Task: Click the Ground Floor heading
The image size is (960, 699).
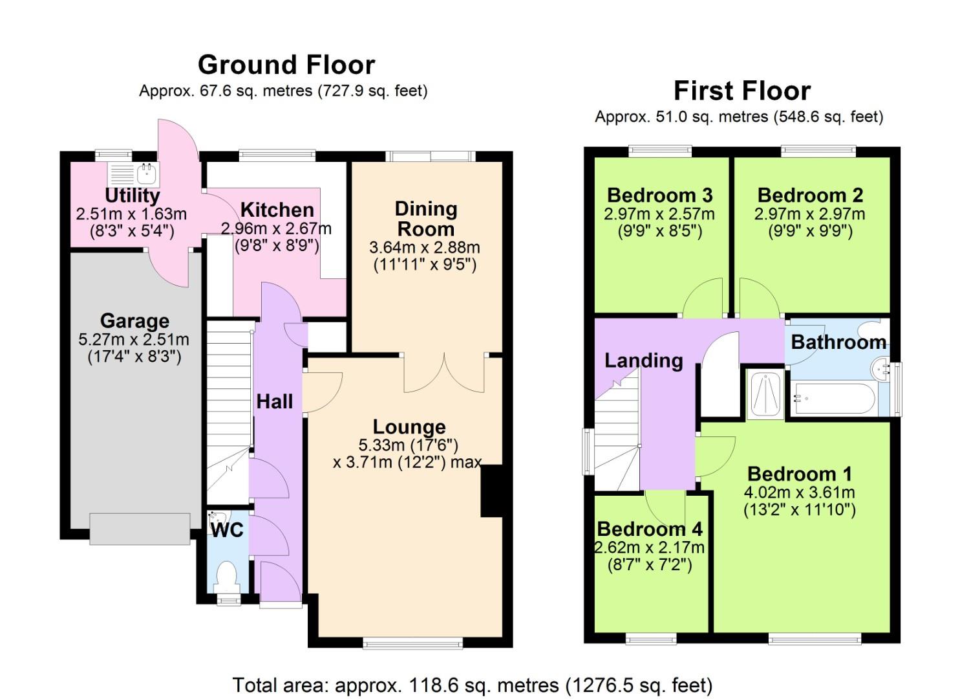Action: coord(286,65)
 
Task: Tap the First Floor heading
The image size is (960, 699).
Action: coord(741,91)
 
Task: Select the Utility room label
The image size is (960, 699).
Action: coord(132,195)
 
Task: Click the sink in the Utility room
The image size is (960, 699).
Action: coord(147,173)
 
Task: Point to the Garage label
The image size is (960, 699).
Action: coord(134,321)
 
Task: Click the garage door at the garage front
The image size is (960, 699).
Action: coord(140,529)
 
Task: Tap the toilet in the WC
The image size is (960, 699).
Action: coord(226,576)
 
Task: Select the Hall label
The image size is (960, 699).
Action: coord(275,402)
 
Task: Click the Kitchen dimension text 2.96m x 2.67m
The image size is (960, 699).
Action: coord(276,228)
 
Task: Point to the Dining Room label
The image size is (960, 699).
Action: coord(425,219)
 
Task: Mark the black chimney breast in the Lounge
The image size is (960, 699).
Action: coord(491,491)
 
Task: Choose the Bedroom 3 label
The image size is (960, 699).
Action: coord(659,195)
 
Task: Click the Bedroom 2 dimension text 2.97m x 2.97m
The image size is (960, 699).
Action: coord(809,214)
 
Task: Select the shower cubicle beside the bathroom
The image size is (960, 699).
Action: coord(765,394)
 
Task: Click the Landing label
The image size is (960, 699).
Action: coord(643,361)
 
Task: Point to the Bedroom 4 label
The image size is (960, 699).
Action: coord(649,529)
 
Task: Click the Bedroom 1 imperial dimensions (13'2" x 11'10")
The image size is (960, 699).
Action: coord(799,510)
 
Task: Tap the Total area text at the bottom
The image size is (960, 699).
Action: coord(472,685)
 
